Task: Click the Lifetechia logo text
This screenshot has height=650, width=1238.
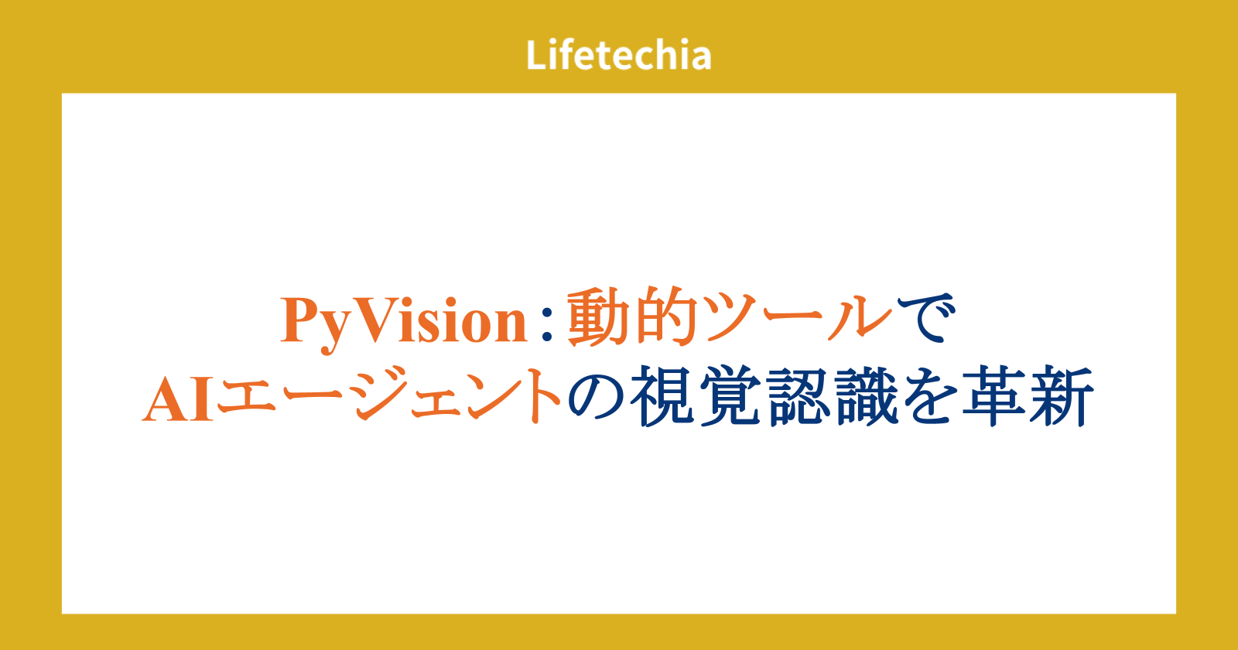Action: (x=618, y=55)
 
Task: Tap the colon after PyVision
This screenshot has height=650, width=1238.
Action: (x=547, y=324)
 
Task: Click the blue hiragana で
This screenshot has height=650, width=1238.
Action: (x=926, y=318)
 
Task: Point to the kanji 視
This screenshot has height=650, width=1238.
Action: (x=662, y=395)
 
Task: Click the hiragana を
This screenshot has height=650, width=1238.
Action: (x=931, y=395)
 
